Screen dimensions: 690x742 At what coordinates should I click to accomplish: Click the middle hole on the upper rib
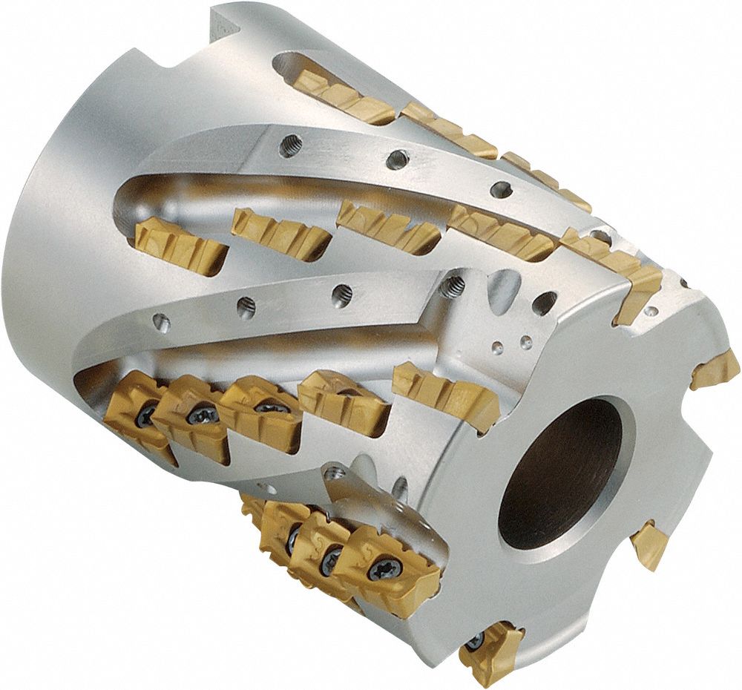tap(399, 158)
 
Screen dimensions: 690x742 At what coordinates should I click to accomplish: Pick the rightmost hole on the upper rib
tap(502, 188)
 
